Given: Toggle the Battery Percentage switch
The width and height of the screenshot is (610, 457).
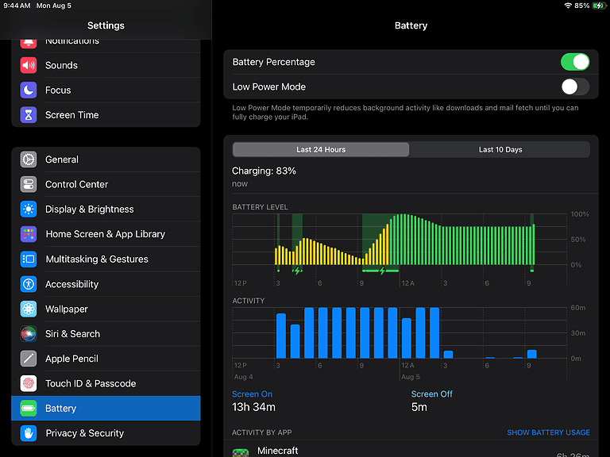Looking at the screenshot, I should pos(574,62).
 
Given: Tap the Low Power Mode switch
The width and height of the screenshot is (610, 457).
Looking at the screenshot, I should pos(574,86).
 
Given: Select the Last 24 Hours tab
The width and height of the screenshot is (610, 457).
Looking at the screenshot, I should pos(321,149).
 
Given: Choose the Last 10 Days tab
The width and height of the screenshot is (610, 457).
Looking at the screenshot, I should pos(500,149).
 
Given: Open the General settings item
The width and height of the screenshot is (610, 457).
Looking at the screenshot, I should pos(62,159).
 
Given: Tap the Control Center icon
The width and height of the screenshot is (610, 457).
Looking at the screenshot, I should pos(29,184).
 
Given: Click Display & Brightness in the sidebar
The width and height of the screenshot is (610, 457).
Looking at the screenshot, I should pos(89,209).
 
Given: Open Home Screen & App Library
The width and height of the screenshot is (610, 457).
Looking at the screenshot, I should pos(105,234).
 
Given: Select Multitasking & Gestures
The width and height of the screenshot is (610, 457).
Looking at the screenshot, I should pos(96,259).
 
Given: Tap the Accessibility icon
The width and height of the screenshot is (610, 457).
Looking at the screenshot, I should pos(29,284).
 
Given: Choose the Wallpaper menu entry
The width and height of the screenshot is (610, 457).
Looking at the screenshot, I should pos(67,309).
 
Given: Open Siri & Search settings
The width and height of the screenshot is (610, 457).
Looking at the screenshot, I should pos(72,334).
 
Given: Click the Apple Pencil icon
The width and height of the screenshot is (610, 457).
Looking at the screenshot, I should pos(29,359).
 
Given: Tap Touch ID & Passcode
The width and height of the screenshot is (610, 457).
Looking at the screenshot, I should pos(91,383).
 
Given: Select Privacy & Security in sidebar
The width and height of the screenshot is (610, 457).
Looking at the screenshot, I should pos(84,433).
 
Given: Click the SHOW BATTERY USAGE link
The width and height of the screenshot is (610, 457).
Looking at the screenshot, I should pos(548,432).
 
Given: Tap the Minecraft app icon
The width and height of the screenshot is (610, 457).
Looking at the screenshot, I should pos(241,452).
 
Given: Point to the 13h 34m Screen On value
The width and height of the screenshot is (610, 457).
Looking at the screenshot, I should pos(253,407).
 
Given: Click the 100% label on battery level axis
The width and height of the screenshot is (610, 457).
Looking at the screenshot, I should pos(580,214).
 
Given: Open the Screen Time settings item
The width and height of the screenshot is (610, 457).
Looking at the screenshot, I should pos(71,115).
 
